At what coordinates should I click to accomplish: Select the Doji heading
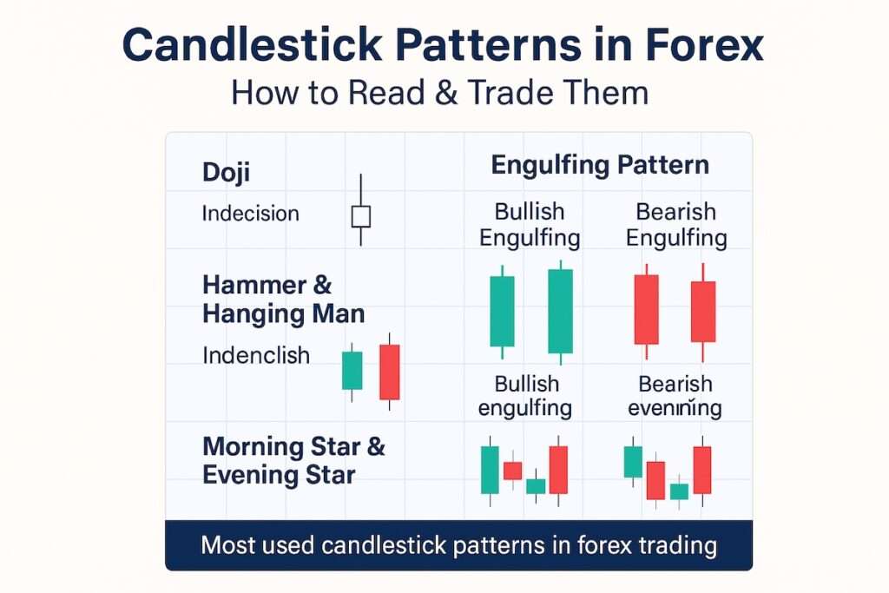(226, 172)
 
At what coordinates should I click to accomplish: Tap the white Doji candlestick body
(360, 216)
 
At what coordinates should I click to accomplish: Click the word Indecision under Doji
(250, 214)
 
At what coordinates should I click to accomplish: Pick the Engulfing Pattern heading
(600, 165)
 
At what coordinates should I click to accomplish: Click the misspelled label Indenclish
(255, 355)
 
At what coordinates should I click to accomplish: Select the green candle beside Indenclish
(352, 370)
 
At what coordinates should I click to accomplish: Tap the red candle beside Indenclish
(390, 372)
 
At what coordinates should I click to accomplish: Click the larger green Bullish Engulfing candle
(560, 311)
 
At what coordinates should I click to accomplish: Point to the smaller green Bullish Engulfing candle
(502, 311)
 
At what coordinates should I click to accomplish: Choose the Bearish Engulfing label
(676, 224)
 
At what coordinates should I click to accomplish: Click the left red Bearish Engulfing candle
(646, 308)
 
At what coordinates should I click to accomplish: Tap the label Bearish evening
(675, 396)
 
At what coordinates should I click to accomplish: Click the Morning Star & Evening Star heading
(293, 461)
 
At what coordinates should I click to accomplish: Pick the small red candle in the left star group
(513, 471)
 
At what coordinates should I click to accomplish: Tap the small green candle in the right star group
(678, 491)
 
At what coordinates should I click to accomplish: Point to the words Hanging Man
(283, 313)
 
